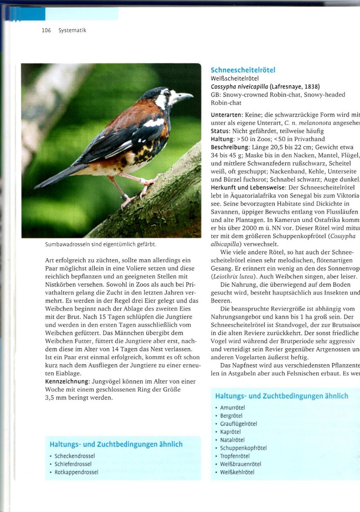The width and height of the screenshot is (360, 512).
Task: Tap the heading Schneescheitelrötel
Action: (x=243, y=70)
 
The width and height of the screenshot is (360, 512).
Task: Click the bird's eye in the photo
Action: (x=167, y=93)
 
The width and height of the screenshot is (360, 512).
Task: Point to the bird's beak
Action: (x=184, y=96)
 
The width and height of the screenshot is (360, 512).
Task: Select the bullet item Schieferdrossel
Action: (x=73, y=464)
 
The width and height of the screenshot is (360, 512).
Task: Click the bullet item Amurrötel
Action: (x=232, y=407)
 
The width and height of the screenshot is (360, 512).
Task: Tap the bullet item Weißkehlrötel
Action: (x=237, y=472)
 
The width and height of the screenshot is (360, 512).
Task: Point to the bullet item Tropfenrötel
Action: (x=235, y=456)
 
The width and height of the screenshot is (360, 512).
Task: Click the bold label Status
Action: (x=221, y=131)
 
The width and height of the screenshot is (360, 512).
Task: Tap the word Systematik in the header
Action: (x=73, y=30)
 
